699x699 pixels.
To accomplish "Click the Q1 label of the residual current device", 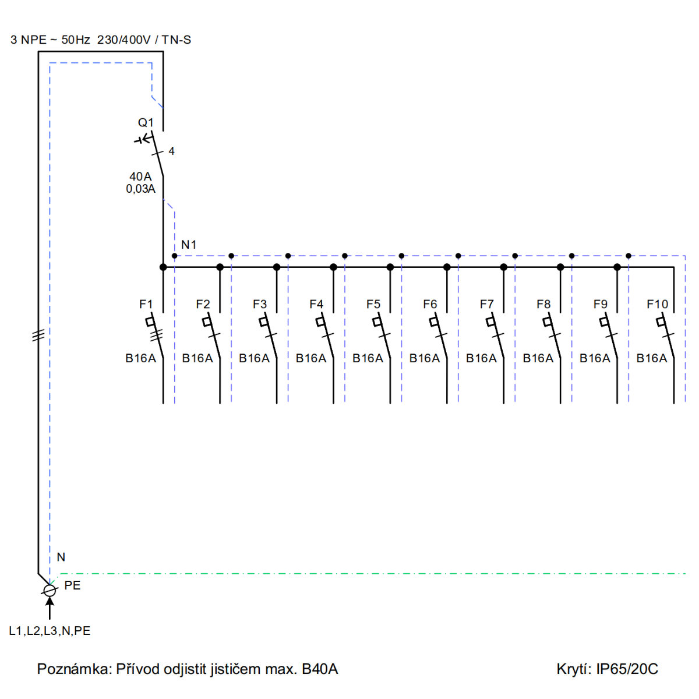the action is point(146,122).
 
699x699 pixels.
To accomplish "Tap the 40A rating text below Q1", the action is point(140,176).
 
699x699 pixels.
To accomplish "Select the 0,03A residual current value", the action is point(140,189).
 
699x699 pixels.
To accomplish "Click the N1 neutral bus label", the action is point(189,245).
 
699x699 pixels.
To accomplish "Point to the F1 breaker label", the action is point(146,304).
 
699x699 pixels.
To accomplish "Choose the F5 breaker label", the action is point(373,304).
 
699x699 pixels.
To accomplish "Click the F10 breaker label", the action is point(657,304).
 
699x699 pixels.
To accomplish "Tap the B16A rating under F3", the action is point(254,358).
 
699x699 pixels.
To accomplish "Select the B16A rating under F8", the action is point(538,358).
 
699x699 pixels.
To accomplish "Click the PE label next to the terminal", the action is point(72,585).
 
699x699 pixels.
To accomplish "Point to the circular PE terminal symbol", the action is point(50,590).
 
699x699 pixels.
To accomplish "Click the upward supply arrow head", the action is point(50,601).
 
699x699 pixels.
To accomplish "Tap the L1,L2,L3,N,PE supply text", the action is point(50,630).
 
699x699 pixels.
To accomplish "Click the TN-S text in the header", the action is point(176,40).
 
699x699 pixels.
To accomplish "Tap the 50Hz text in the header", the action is point(76,40).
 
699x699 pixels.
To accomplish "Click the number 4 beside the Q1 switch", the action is point(172,151).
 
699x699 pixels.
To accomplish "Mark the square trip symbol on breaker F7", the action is point(490,322).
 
